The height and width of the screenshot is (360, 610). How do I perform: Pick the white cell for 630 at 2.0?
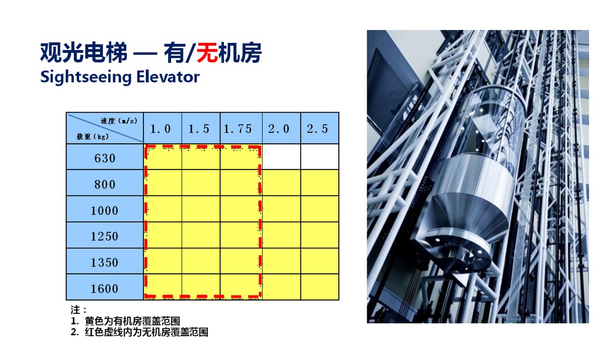pos(281,157)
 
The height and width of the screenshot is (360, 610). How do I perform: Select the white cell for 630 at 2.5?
pos(319,157)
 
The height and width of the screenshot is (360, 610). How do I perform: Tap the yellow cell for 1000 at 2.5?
pos(319,209)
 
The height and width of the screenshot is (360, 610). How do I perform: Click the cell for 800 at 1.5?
pos(201,183)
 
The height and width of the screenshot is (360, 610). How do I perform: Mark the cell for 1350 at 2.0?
pos(281,261)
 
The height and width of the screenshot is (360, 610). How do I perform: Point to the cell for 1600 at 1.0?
pos(163,287)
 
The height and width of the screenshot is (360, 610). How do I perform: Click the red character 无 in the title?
pos(207,53)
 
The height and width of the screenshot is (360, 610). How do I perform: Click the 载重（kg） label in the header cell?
pos(92,137)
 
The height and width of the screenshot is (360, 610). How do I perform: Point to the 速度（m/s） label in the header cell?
pos(119,121)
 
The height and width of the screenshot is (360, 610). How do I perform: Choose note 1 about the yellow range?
pos(125,321)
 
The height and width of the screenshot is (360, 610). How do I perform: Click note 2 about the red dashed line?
pos(139,332)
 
